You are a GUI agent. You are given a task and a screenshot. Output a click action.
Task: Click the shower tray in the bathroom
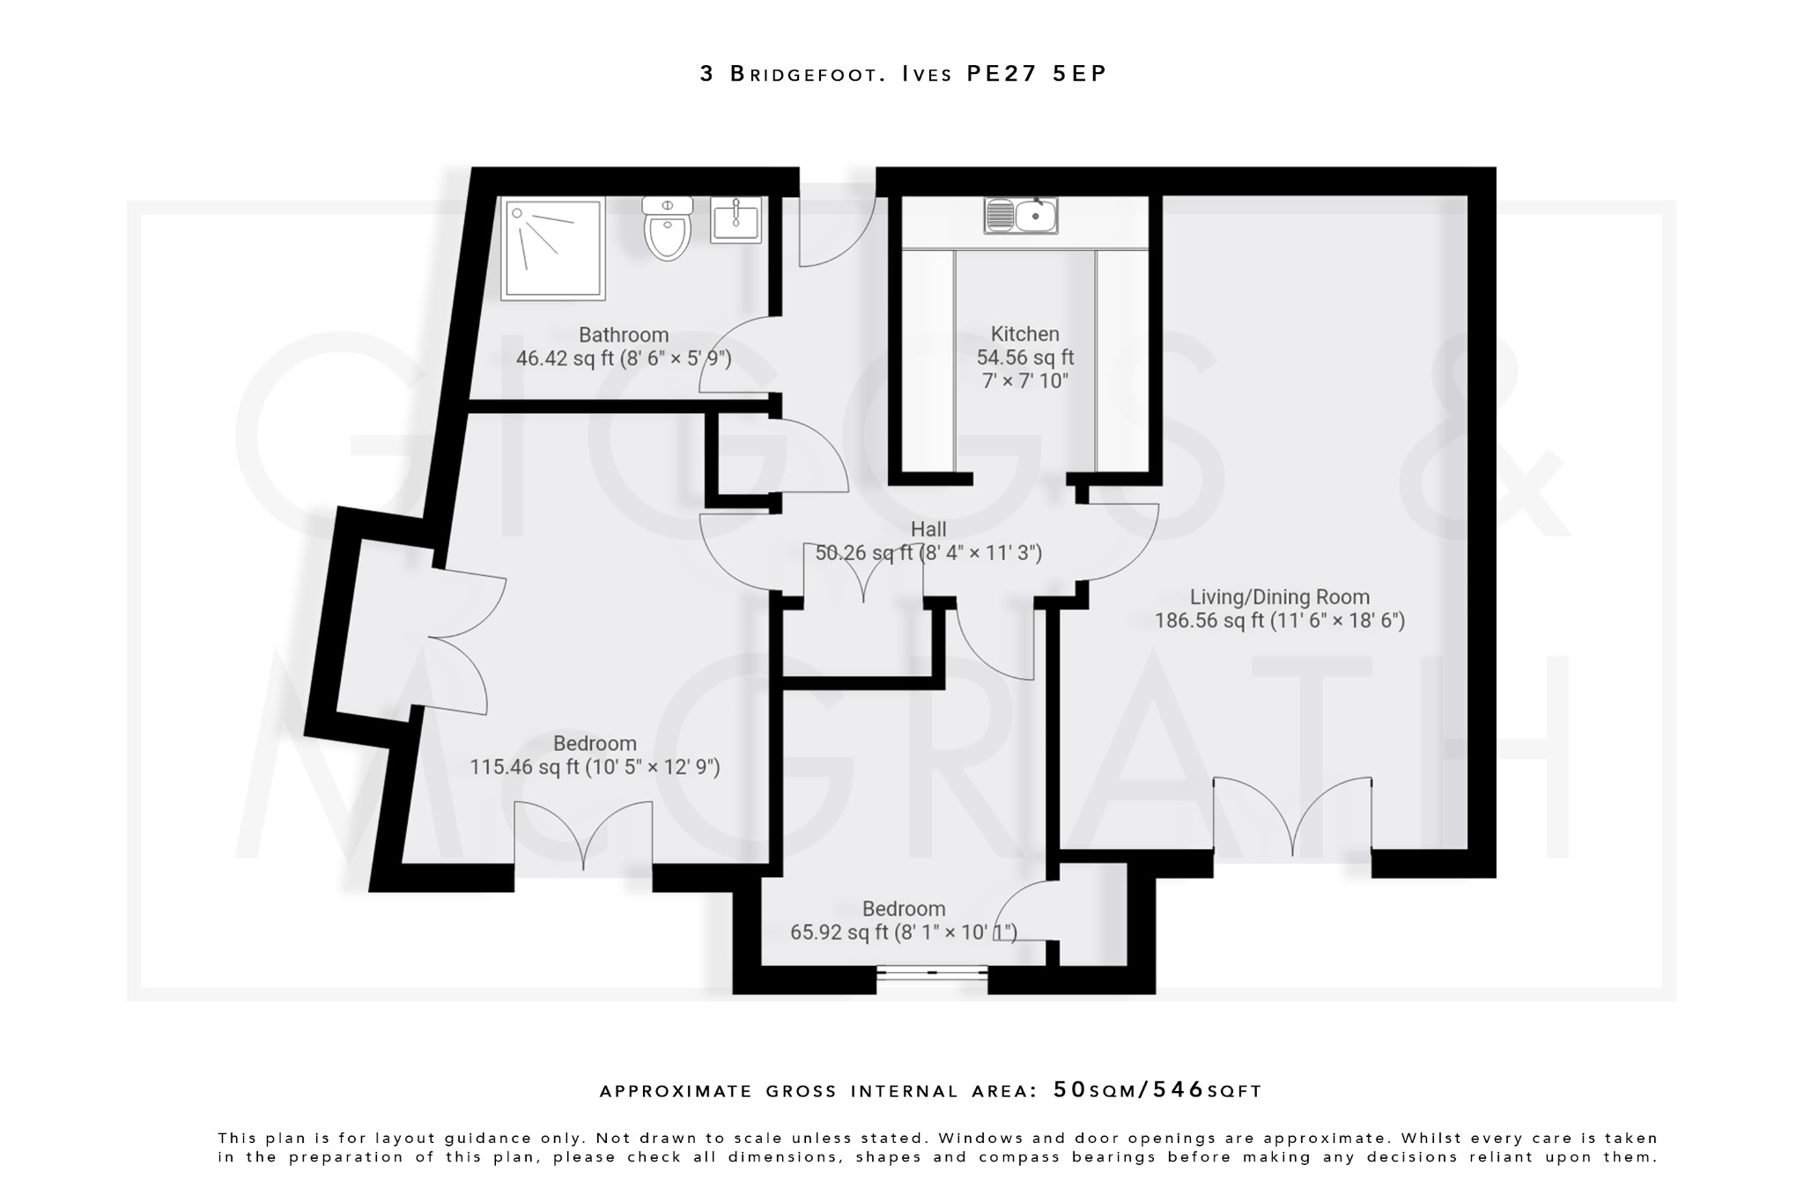point(553,248)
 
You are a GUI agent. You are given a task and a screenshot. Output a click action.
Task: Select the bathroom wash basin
point(736,220)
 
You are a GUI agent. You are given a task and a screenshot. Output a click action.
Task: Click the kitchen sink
point(1021,215)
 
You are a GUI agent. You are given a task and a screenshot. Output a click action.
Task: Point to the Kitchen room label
point(1024,334)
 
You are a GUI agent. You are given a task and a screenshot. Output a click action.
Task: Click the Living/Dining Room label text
point(1279,597)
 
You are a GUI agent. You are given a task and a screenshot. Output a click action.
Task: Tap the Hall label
point(928,529)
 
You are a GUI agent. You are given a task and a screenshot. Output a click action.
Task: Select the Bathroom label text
point(624,335)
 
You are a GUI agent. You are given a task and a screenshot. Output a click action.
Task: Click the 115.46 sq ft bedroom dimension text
point(595,767)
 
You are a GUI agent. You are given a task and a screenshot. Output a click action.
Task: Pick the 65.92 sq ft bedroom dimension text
point(903,932)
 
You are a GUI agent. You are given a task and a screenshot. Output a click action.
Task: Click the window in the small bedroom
point(932,972)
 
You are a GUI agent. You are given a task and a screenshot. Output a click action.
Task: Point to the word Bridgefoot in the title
point(808,74)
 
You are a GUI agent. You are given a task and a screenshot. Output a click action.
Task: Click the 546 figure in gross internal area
point(1178,1090)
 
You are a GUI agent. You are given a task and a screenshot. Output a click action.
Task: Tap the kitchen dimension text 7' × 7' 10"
point(1024,381)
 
